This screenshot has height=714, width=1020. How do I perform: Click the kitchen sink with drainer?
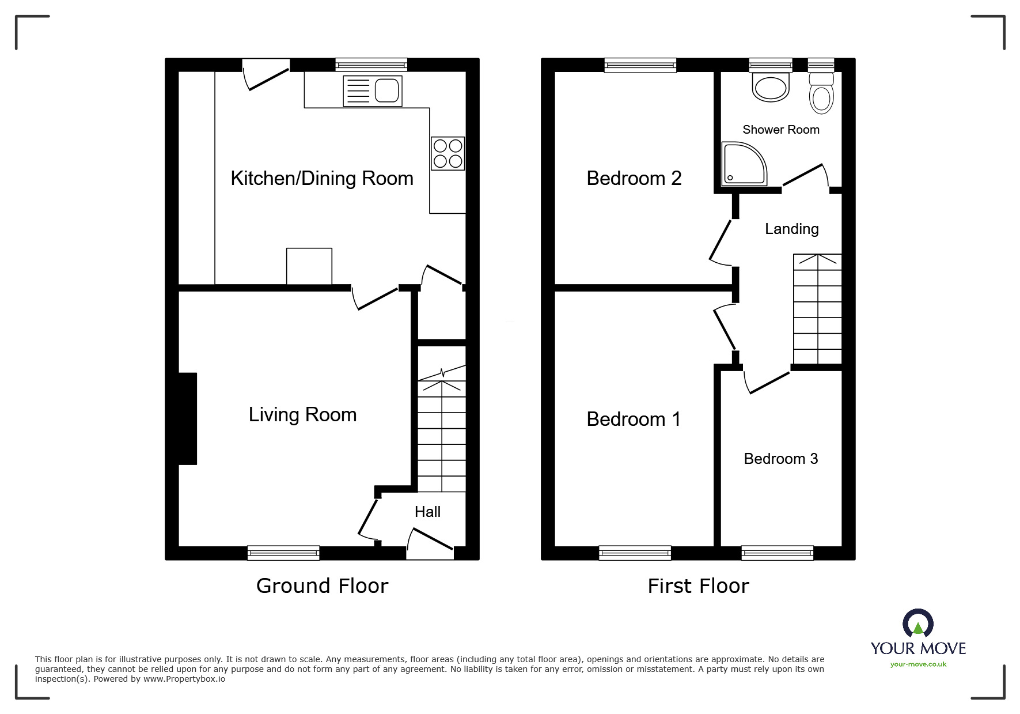372,91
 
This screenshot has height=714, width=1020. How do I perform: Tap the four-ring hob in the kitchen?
448,153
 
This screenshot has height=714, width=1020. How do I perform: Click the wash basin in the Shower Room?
771,88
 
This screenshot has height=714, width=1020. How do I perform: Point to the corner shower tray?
742,165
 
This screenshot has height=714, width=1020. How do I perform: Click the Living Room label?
302,414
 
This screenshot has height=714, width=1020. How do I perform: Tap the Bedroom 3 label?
780,459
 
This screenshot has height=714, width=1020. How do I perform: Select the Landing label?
791,229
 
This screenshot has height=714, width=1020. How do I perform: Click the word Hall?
427,512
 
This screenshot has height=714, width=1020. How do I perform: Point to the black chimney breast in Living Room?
188,418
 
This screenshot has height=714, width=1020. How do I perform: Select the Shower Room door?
804,175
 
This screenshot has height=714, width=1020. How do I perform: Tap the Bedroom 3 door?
768,382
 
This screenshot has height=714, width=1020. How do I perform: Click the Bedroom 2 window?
640,65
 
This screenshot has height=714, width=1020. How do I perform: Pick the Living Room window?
283,553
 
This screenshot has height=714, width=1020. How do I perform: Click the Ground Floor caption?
322,586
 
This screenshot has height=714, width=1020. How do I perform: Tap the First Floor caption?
698,586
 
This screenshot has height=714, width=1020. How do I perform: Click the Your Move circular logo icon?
917,624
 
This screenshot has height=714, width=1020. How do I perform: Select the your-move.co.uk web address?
918,664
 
